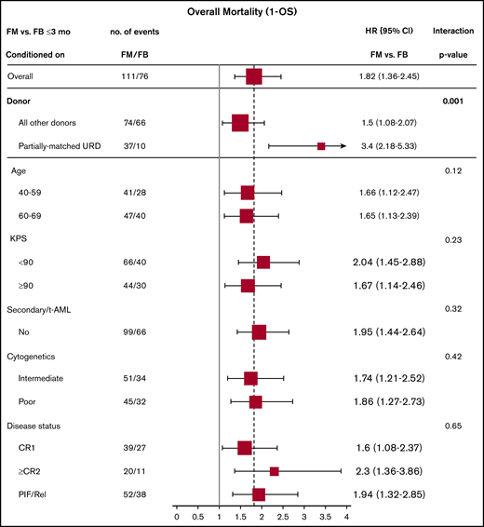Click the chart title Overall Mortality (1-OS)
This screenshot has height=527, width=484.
coord(242,13)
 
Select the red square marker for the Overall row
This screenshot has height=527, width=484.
coord(253,76)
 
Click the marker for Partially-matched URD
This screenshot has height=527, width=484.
coord(321,146)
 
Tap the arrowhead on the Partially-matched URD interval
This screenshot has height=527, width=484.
coord(343,146)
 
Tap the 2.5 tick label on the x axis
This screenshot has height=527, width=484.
coord(283,515)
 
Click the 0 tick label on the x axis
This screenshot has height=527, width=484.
coord(177,515)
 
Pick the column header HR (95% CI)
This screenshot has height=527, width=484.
coord(391,31)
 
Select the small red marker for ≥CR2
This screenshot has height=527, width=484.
coord(274,471)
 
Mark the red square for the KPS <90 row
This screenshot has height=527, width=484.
coord(263,263)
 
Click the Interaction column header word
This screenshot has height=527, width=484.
coord(453,31)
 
